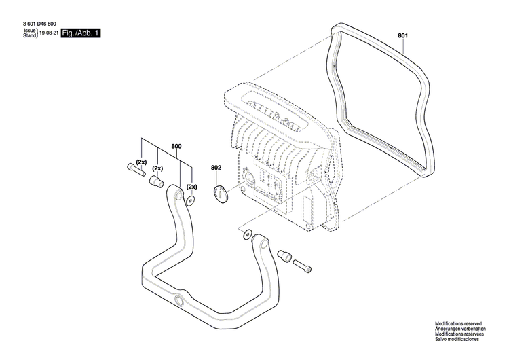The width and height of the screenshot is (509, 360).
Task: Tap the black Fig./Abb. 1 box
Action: (80, 33)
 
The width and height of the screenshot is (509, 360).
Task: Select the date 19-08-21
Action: (48, 33)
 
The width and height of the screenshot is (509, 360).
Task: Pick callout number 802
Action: (216, 167)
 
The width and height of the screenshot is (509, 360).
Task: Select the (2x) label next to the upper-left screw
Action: (141, 162)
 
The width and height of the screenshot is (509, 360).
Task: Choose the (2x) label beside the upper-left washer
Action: (191, 187)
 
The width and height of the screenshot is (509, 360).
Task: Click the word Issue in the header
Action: (30, 31)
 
